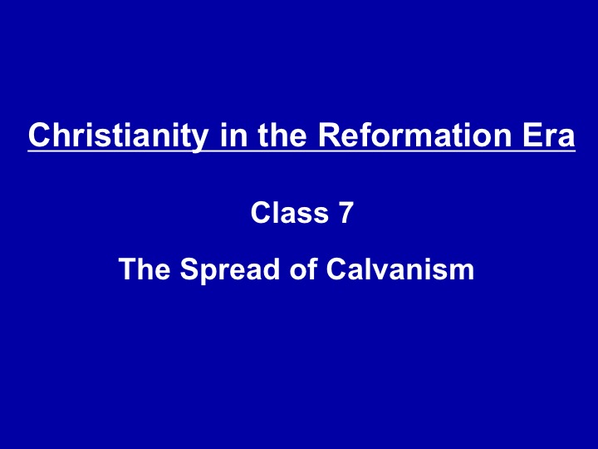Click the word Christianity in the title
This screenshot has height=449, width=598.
[x=119, y=136]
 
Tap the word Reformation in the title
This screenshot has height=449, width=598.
[x=414, y=136]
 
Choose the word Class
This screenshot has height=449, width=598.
[x=290, y=212]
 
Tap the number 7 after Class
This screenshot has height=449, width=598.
[x=346, y=213]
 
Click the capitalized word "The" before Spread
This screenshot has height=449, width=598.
[x=145, y=269]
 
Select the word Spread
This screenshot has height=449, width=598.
[x=229, y=271]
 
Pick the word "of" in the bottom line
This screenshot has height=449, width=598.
[x=303, y=269]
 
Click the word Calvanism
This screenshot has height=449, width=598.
[x=399, y=269]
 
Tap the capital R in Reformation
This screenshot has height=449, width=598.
[x=330, y=136]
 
